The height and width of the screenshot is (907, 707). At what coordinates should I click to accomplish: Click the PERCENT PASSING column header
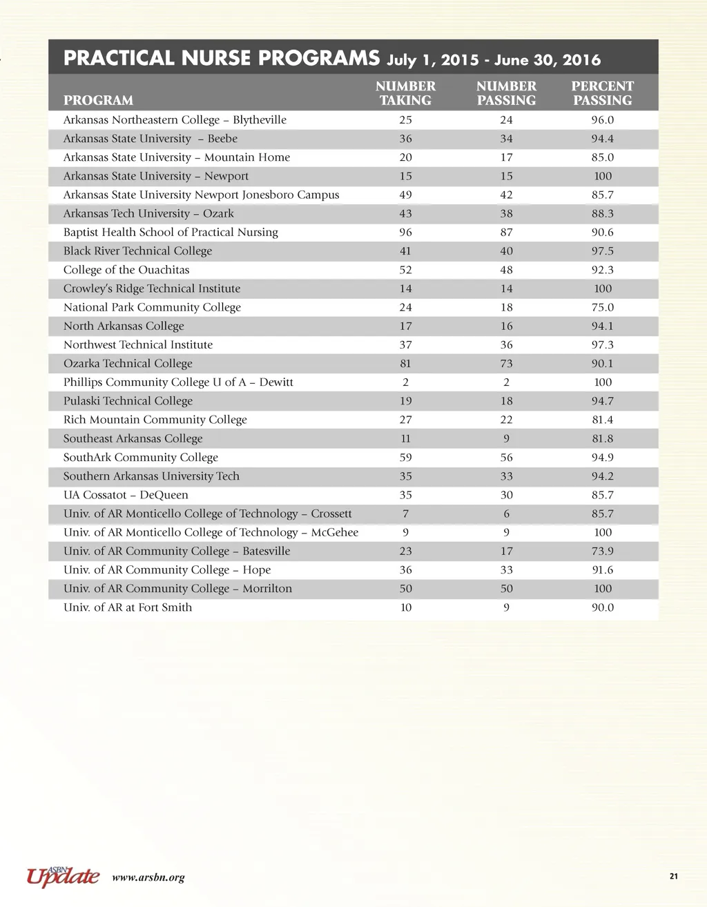click(x=602, y=93)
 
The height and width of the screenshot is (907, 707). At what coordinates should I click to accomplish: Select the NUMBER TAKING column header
click(x=405, y=93)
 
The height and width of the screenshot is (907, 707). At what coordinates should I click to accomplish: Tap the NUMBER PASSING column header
click(x=506, y=93)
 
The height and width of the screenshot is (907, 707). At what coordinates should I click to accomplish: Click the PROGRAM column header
click(x=98, y=100)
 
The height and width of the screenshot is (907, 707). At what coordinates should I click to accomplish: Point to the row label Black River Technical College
click(x=137, y=251)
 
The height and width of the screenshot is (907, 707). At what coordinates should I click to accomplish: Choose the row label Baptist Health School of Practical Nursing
click(x=171, y=233)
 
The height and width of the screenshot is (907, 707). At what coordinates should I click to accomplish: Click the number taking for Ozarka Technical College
click(x=405, y=364)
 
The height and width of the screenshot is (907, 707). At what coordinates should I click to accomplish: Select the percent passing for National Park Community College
click(x=602, y=307)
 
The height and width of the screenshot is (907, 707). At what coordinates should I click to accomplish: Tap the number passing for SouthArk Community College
click(x=506, y=458)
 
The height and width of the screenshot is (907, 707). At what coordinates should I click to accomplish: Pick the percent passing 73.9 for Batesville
click(x=602, y=552)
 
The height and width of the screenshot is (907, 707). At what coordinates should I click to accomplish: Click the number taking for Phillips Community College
click(x=405, y=382)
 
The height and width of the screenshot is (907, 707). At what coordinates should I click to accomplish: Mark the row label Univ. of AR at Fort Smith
click(x=128, y=607)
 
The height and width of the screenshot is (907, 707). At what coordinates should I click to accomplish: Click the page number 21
click(x=674, y=877)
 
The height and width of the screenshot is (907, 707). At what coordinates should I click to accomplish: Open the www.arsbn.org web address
click(x=148, y=878)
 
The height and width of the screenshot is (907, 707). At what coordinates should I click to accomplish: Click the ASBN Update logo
click(x=63, y=875)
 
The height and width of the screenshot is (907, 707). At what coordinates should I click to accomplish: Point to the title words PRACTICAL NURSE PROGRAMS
click(x=221, y=58)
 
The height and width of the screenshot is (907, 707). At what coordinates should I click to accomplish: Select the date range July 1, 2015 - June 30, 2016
click(x=494, y=60)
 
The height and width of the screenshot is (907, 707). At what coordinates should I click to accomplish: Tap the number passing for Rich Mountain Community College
click(x=506, y=420)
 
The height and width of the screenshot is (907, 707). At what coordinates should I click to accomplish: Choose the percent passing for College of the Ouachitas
click(x=602, y=270)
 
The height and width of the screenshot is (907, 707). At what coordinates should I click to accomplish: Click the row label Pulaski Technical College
click(x=128, y=401)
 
